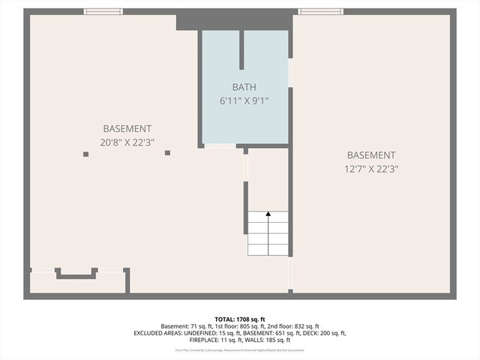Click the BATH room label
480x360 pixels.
(x=244, y=88)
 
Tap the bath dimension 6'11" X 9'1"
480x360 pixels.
(x=244, y=100)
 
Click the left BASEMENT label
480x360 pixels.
(x=127, y=129)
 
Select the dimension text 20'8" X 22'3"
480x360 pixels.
(x=127, y=142)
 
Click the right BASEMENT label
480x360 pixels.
(x=370, y=155)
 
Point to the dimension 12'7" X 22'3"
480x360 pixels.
(x=370, y=169)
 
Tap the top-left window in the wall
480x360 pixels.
(x=103, y=11)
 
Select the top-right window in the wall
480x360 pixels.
(x=320, y=11)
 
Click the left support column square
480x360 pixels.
(x=86, y=154)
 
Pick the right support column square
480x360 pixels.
(x=167, y=153)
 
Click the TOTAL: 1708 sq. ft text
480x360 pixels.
(x=240, y=318)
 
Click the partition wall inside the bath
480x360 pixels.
(x=241, y=49)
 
